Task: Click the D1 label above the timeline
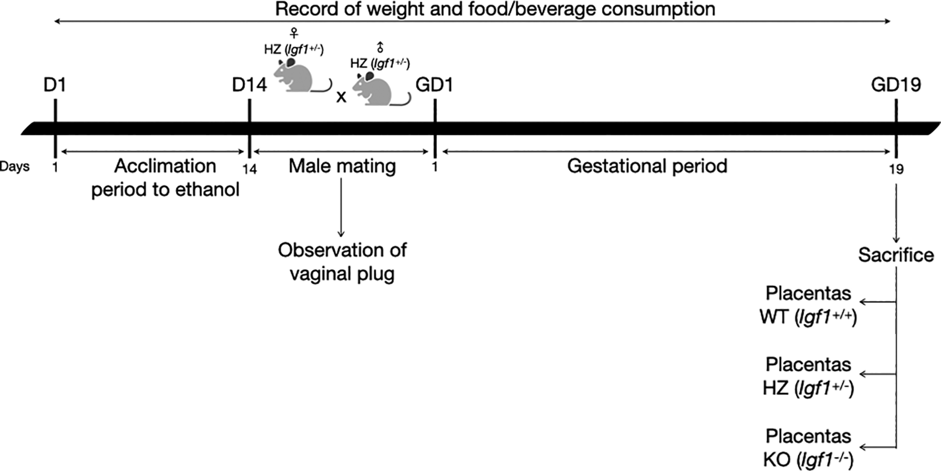point(55,85)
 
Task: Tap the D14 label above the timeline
point(249,85)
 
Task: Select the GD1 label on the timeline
point(434,85)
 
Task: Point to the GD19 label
point(895,85)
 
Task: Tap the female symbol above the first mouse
point(294,32)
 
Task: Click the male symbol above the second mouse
point(380,47)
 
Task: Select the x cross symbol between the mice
point(341,97)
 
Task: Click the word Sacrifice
point(895,255)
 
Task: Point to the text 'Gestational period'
point(647,166)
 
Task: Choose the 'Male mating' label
point(342,166)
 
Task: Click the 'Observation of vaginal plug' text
point(342,262)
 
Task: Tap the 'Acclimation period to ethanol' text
point(165,177)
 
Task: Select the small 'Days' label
point(15,167)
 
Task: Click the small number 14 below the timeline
point(249,169)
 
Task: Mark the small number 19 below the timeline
point(896,169)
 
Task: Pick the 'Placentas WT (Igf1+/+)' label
point(808,305)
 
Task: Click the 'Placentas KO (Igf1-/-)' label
point(808,448)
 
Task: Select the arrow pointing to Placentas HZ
point(877,374)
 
